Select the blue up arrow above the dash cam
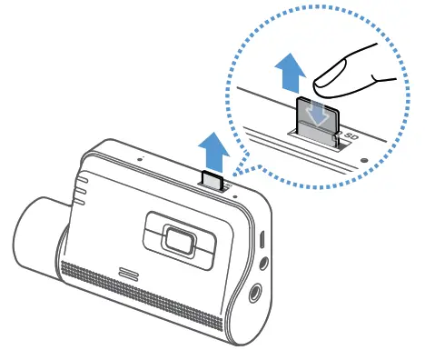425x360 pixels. (212, 146)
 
